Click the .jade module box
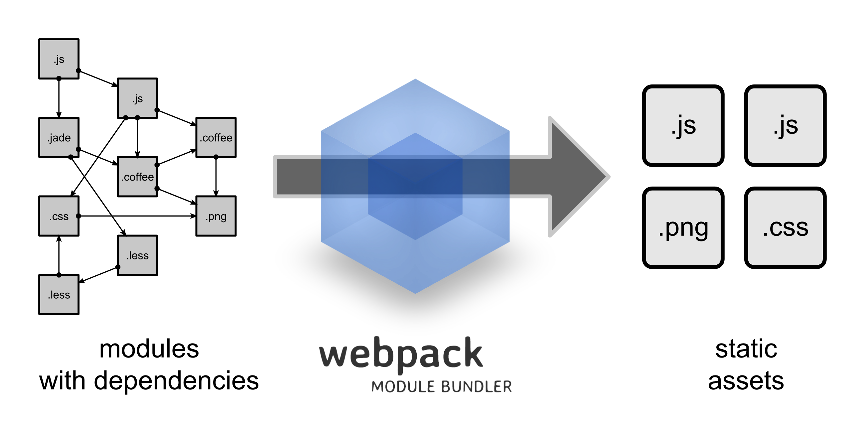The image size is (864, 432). (x=59, y=138)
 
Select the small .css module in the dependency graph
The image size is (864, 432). (x=59, y=216)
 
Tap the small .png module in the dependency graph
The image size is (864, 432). (x=216, y=216)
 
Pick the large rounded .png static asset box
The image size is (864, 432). (x=683, y=227)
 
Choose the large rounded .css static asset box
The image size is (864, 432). (x=785, y=227)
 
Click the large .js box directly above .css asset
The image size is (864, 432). (x=785, y=125)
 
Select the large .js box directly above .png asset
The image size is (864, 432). (x=683, y=125)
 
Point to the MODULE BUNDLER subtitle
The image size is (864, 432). (x=441, y=386)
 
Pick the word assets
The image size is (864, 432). (x=746, y=381)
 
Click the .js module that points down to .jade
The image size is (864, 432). (x=59, y=59)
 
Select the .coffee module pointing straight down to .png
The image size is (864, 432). (x=216, y=138)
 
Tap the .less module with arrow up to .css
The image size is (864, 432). (x=59, y=294)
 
